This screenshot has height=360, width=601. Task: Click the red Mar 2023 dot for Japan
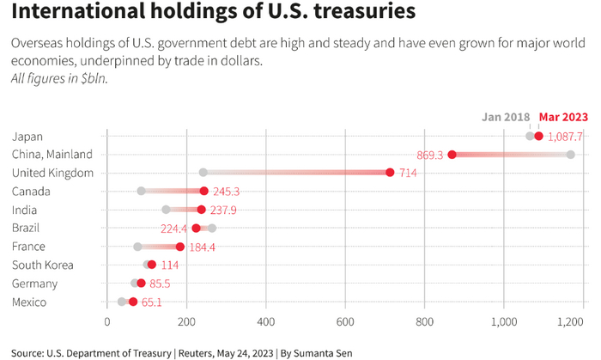click(538, 136)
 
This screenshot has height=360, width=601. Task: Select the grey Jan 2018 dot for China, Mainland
click(570, 155)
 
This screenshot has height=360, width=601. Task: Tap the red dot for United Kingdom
click(390, 173)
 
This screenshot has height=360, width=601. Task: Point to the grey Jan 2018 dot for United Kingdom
click(203, 173)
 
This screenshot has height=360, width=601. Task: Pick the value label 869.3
click(429, 155)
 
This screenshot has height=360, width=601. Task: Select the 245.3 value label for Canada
click(227, 192)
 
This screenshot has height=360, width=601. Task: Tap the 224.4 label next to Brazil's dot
click(173, 229)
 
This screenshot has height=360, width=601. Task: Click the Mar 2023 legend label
click(563, 117)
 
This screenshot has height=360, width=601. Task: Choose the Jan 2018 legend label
click(506, 117)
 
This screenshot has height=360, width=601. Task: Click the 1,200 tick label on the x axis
click(571, 323)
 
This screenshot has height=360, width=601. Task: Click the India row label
click(24, 210)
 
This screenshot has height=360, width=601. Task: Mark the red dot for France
click(180, 247)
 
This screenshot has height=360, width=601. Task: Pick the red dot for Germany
click(141, 284)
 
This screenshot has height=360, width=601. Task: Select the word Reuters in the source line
click(198, 352)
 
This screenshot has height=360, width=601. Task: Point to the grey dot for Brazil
click(211, 228)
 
